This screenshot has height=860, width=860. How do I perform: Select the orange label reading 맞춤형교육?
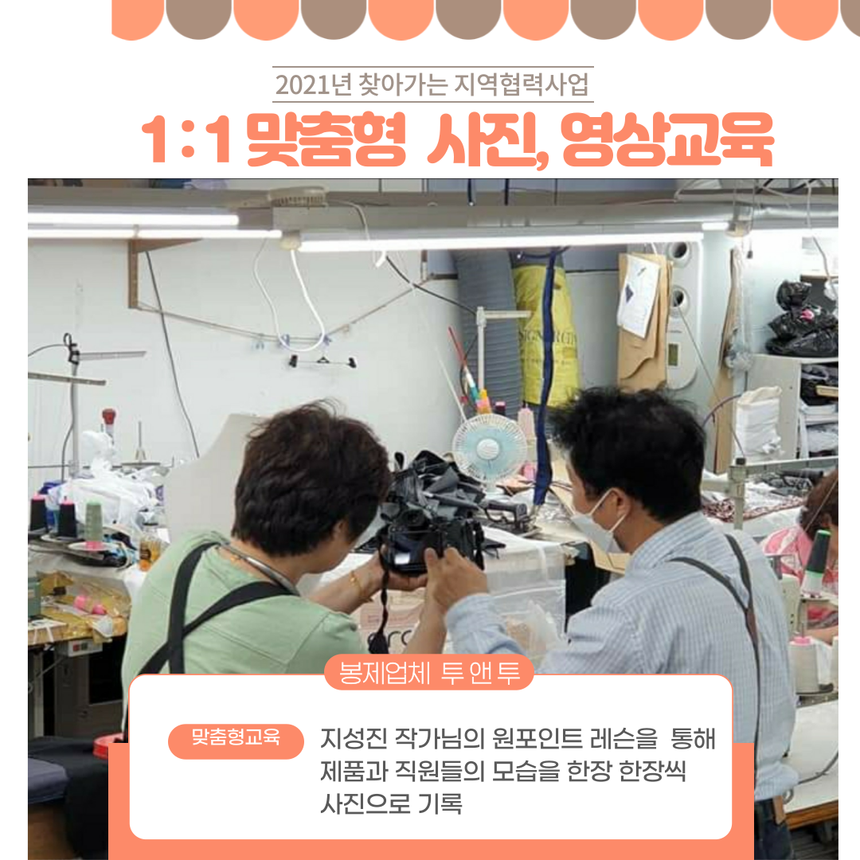click(236, 740)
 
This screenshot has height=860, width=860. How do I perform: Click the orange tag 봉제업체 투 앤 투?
click(429, 672)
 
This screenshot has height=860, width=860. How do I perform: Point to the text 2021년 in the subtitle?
click(313, 84)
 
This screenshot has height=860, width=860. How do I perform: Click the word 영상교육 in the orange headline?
click(667, 139)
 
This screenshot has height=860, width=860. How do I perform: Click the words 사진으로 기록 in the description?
click(391, 803)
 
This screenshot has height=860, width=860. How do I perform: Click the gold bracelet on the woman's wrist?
click(358, 585)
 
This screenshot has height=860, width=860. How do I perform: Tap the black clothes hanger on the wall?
click(322, 360)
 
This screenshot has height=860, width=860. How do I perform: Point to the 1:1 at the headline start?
click(186, 139)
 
